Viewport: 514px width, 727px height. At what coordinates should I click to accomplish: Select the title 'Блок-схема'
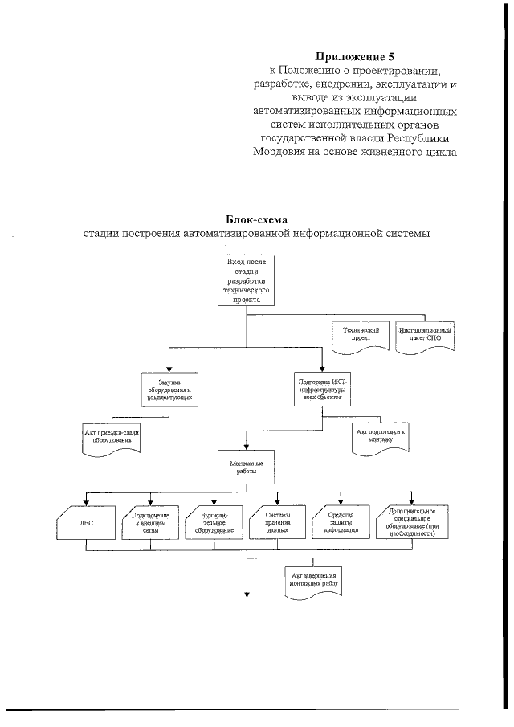point(257,219)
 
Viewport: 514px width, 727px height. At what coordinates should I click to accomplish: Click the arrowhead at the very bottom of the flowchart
point(247,594)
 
